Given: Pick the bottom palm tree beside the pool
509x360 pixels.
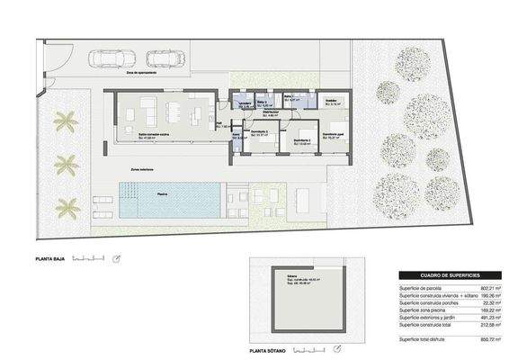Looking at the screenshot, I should [67, 208].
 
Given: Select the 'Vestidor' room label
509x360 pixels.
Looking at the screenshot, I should [331, 101].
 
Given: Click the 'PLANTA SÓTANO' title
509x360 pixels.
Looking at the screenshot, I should [274, 346].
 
